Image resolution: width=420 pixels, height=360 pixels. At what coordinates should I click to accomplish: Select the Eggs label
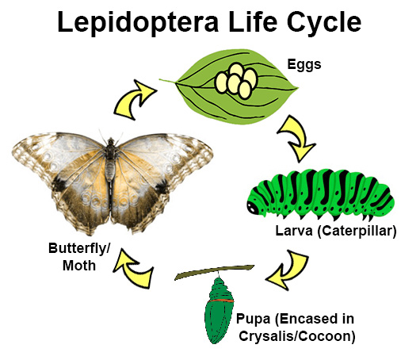(304, 65)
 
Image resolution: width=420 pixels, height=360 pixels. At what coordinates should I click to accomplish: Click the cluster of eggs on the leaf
(236, 81)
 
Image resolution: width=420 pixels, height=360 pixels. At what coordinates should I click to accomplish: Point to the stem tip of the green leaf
(160, 79)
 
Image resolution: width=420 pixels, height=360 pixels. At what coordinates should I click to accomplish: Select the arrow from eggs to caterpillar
(297, 136)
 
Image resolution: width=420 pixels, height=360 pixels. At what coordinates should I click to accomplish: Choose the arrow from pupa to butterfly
(132, 268)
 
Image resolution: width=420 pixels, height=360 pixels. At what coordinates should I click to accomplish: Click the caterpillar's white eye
(252, 208)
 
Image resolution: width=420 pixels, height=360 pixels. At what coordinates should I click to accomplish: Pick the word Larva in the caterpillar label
(294, 231)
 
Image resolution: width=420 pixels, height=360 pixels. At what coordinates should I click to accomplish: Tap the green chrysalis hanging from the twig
(219, 311)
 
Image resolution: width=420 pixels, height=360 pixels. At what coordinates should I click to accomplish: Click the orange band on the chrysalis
(221, 301)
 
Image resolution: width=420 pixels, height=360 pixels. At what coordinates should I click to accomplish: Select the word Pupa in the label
(253, 320)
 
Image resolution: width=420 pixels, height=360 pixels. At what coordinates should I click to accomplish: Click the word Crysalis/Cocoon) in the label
(297, 336)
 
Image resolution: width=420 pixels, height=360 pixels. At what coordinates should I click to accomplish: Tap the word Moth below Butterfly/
(79, 266)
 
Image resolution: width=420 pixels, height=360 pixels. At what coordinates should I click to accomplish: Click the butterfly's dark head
(111, 142)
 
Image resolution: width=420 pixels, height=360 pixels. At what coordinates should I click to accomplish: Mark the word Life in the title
(253, 22)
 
